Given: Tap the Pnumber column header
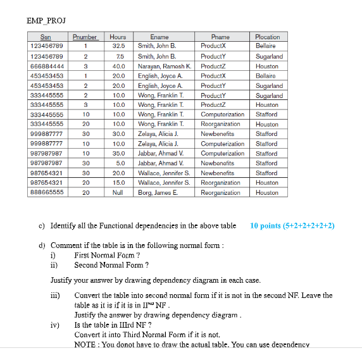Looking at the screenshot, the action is click(x=84, y=37).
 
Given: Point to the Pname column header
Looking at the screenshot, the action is click(x=220, y=37).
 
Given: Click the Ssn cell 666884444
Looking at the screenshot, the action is click(x=47, y=66).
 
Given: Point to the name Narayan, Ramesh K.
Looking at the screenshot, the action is click(x=165, y=66).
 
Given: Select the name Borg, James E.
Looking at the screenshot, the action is click(x=158, y=192).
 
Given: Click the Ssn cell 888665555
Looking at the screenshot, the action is click(x=47, y=192).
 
